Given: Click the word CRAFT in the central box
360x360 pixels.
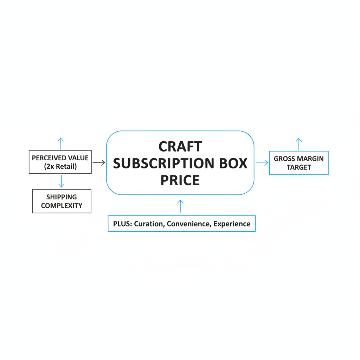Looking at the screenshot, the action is tap(180, 147).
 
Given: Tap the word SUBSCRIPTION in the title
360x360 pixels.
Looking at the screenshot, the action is tap(163, 163).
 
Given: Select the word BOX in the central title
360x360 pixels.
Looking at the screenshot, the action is tap(233, 163).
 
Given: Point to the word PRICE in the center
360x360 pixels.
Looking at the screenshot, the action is tap(180, 180).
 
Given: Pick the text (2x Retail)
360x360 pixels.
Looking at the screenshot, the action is tap(60, 166).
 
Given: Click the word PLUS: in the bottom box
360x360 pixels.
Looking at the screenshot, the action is tap(123, 224).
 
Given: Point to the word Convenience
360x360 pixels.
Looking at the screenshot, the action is tap(189, 224).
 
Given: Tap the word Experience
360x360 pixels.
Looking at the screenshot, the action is tap(232, 224).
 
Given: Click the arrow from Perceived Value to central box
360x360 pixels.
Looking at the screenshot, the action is tap(99, 162).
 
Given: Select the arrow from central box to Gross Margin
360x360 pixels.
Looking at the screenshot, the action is tap(262, 163).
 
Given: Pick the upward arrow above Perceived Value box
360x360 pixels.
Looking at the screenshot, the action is tap(60, 144).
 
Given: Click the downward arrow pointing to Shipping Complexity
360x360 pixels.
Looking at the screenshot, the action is tap(61, 181).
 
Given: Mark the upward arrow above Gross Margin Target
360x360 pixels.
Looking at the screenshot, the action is tap(299, 144).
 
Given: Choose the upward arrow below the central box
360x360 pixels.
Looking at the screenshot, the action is tap(180, 206).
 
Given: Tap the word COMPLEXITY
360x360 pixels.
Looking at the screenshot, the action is tap(62, 205).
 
